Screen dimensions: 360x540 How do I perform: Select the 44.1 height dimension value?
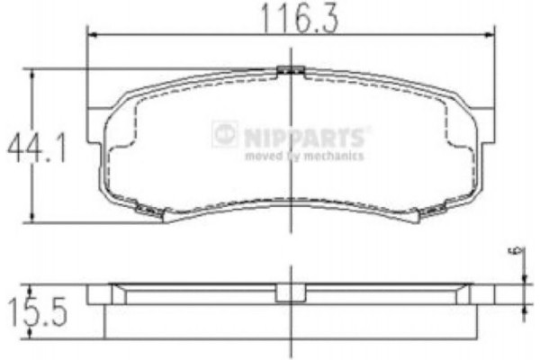click(37, 148)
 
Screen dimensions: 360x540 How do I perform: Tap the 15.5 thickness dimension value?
click(37, 312)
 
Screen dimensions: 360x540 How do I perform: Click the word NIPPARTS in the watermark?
click(304, 137)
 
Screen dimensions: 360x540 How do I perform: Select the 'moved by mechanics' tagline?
click(304, 156)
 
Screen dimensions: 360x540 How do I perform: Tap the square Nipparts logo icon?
click(225, 135)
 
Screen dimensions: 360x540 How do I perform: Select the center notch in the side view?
click(289, 293)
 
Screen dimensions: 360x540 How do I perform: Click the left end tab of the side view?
click(97, 294)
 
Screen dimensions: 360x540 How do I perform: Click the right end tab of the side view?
click(485, 294)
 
